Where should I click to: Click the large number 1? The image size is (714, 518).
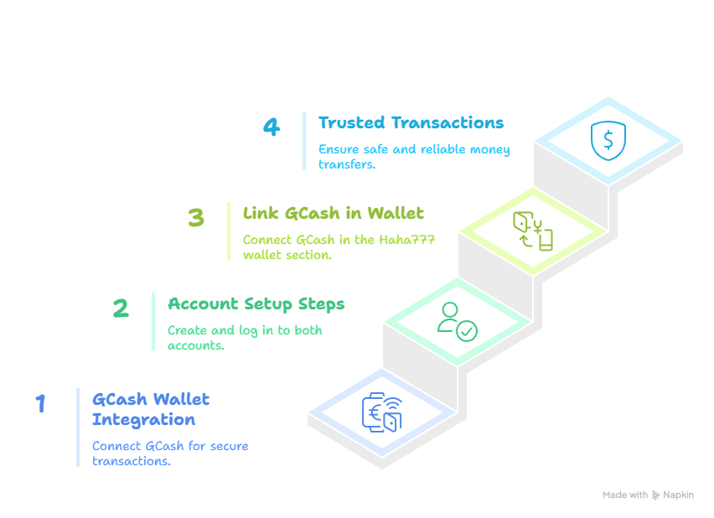point(40,404)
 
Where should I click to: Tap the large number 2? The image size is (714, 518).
point(121,308)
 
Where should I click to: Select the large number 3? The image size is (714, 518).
point(196,218)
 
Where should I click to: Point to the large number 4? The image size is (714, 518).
point(271,127)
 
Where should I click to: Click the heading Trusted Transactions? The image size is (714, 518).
point(411,122)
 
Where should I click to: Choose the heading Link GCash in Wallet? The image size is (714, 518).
point(333,213)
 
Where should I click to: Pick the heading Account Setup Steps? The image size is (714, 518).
point(256,303)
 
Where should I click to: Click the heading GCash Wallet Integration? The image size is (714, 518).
point(151,409)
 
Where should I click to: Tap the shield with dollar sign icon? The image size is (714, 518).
point(608,141)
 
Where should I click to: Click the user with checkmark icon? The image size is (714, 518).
point(457,321)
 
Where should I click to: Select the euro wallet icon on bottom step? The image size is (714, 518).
point(382,412)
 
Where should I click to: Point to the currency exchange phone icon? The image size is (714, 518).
point(534,231)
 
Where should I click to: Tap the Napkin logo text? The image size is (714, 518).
point(678,495)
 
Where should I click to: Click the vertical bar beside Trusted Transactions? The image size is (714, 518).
point(304,141)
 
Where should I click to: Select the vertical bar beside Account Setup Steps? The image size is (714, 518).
point(153,322)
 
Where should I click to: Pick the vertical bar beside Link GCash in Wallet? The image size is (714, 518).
point(229,231)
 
